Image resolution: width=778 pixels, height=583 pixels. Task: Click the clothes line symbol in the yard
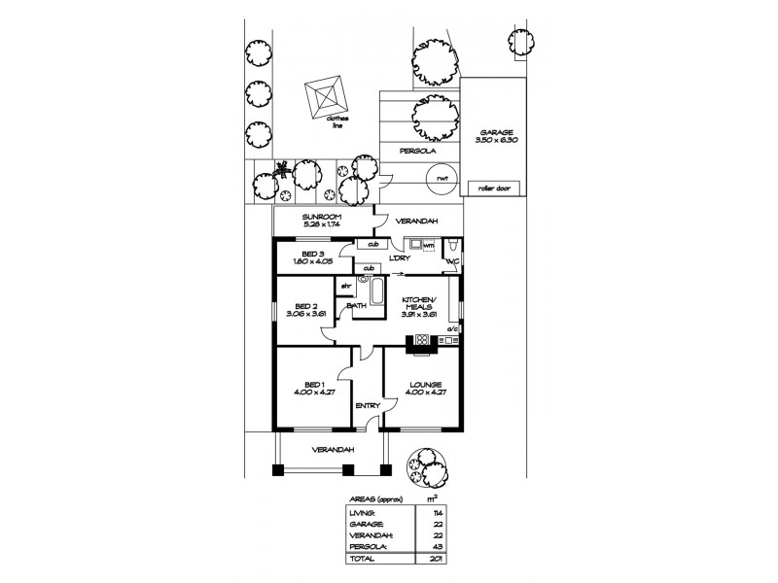pyautogui.click(x=329, y=97)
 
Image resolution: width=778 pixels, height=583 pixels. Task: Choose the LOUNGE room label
pyautogui.click(x=427, y=385)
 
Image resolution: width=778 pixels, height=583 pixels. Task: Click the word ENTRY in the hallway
pyautogui.click(x=368, y=405)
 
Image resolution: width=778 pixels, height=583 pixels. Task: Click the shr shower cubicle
pyautogui.click(x=344, y=286)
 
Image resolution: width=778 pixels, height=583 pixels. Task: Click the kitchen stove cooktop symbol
pyautogui.click(x=422, y=340)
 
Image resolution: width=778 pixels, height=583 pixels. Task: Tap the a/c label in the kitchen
pyautogui.click(x=452, y=329)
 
